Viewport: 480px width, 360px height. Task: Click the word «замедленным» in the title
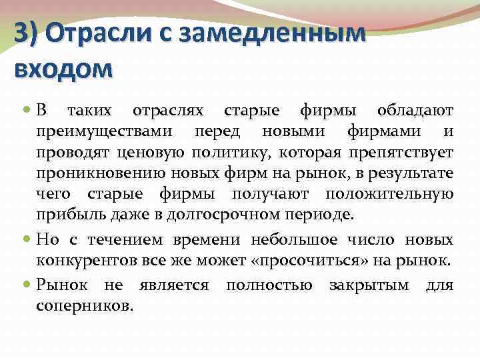coord(280,33)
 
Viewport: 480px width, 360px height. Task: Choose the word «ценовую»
coord(150,153)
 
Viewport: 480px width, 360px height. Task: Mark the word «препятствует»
coord(400,153)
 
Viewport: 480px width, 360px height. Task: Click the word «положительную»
coord(389,195)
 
